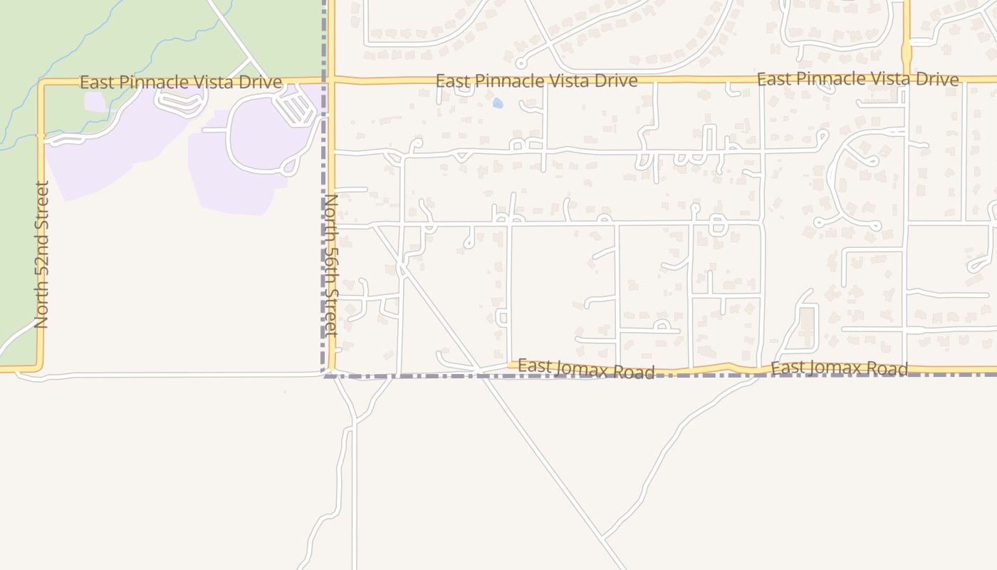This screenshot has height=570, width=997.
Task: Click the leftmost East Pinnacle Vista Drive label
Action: click(x=180, y=83)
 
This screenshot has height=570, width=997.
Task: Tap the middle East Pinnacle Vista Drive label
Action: click(x=536, y=81)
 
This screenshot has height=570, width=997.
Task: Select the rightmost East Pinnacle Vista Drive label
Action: click(x=857, y=79)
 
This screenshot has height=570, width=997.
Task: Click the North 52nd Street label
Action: click(x=42, y=254)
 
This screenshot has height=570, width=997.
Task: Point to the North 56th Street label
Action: click(x=330, y=264)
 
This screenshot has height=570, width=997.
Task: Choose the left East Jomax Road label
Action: click(x=585, y=369)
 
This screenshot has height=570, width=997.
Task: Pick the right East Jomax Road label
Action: click(x=839, y=368)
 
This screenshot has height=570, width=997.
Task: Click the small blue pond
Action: click(x=497, y=103)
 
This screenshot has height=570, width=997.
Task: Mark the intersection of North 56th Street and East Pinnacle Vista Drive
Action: click(x=331, y=80)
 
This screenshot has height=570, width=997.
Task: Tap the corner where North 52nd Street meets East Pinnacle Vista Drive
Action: click(x=41, y=83)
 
